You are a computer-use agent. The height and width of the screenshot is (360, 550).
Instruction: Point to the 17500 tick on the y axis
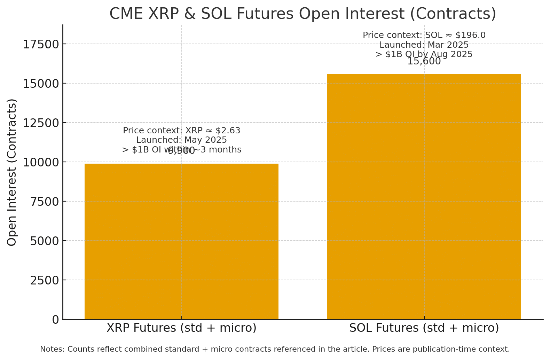(41, 45)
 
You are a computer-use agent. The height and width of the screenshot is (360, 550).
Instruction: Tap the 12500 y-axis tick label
(41, 123)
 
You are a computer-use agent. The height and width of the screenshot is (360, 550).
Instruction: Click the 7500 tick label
(44, 202)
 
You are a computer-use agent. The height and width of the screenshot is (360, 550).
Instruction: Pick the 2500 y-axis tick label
(44, 281)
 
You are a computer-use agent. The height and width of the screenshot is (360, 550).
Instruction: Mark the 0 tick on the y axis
(56, 320)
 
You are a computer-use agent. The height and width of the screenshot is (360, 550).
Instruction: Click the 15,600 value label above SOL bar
(424, 62)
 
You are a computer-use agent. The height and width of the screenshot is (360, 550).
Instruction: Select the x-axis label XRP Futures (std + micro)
(181, 328)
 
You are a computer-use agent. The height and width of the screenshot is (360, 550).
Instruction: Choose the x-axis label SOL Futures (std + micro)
(424, 328)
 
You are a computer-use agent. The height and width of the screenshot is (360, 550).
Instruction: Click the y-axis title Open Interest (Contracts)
(12, 172)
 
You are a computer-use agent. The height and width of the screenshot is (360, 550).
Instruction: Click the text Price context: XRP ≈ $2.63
(181, 131)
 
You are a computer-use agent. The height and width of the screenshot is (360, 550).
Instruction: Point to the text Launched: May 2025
(181, 140)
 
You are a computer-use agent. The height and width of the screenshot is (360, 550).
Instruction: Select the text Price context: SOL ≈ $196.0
(424, 35)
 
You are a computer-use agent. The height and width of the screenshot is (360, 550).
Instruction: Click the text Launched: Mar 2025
(424, 45)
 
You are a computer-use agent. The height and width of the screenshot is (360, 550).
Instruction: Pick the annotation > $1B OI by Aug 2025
(424, 54)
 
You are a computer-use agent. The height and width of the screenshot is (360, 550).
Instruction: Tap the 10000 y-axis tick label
(41, 163)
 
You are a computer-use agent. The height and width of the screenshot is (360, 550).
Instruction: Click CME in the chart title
(126, 14)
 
